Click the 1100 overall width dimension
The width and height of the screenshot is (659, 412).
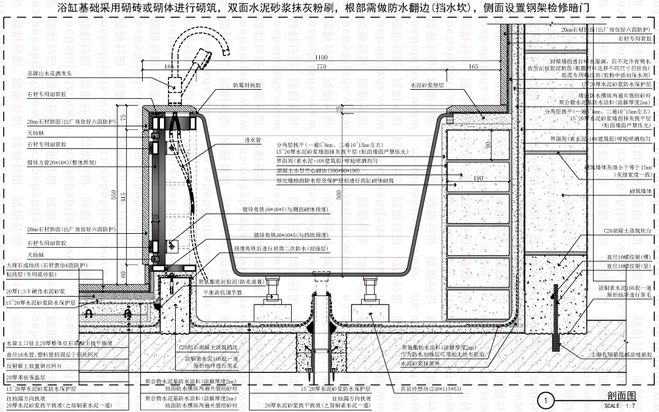322,57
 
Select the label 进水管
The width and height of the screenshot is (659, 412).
253,140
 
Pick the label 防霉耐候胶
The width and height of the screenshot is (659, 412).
247,86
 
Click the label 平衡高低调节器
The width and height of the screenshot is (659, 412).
223,292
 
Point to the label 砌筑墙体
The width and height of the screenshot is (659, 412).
640,191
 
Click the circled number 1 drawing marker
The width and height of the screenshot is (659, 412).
546,400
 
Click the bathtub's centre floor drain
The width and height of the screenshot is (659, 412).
320,278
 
